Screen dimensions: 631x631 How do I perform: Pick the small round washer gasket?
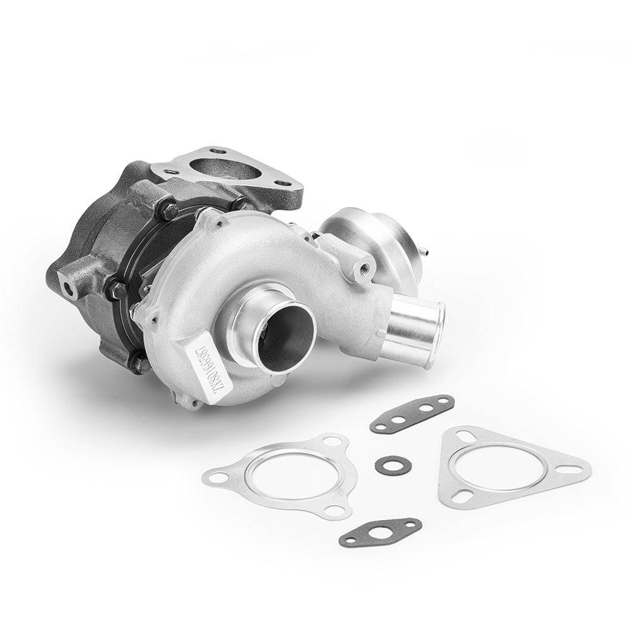[393, 466]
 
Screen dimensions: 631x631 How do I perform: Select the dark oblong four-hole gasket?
[411, 413]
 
